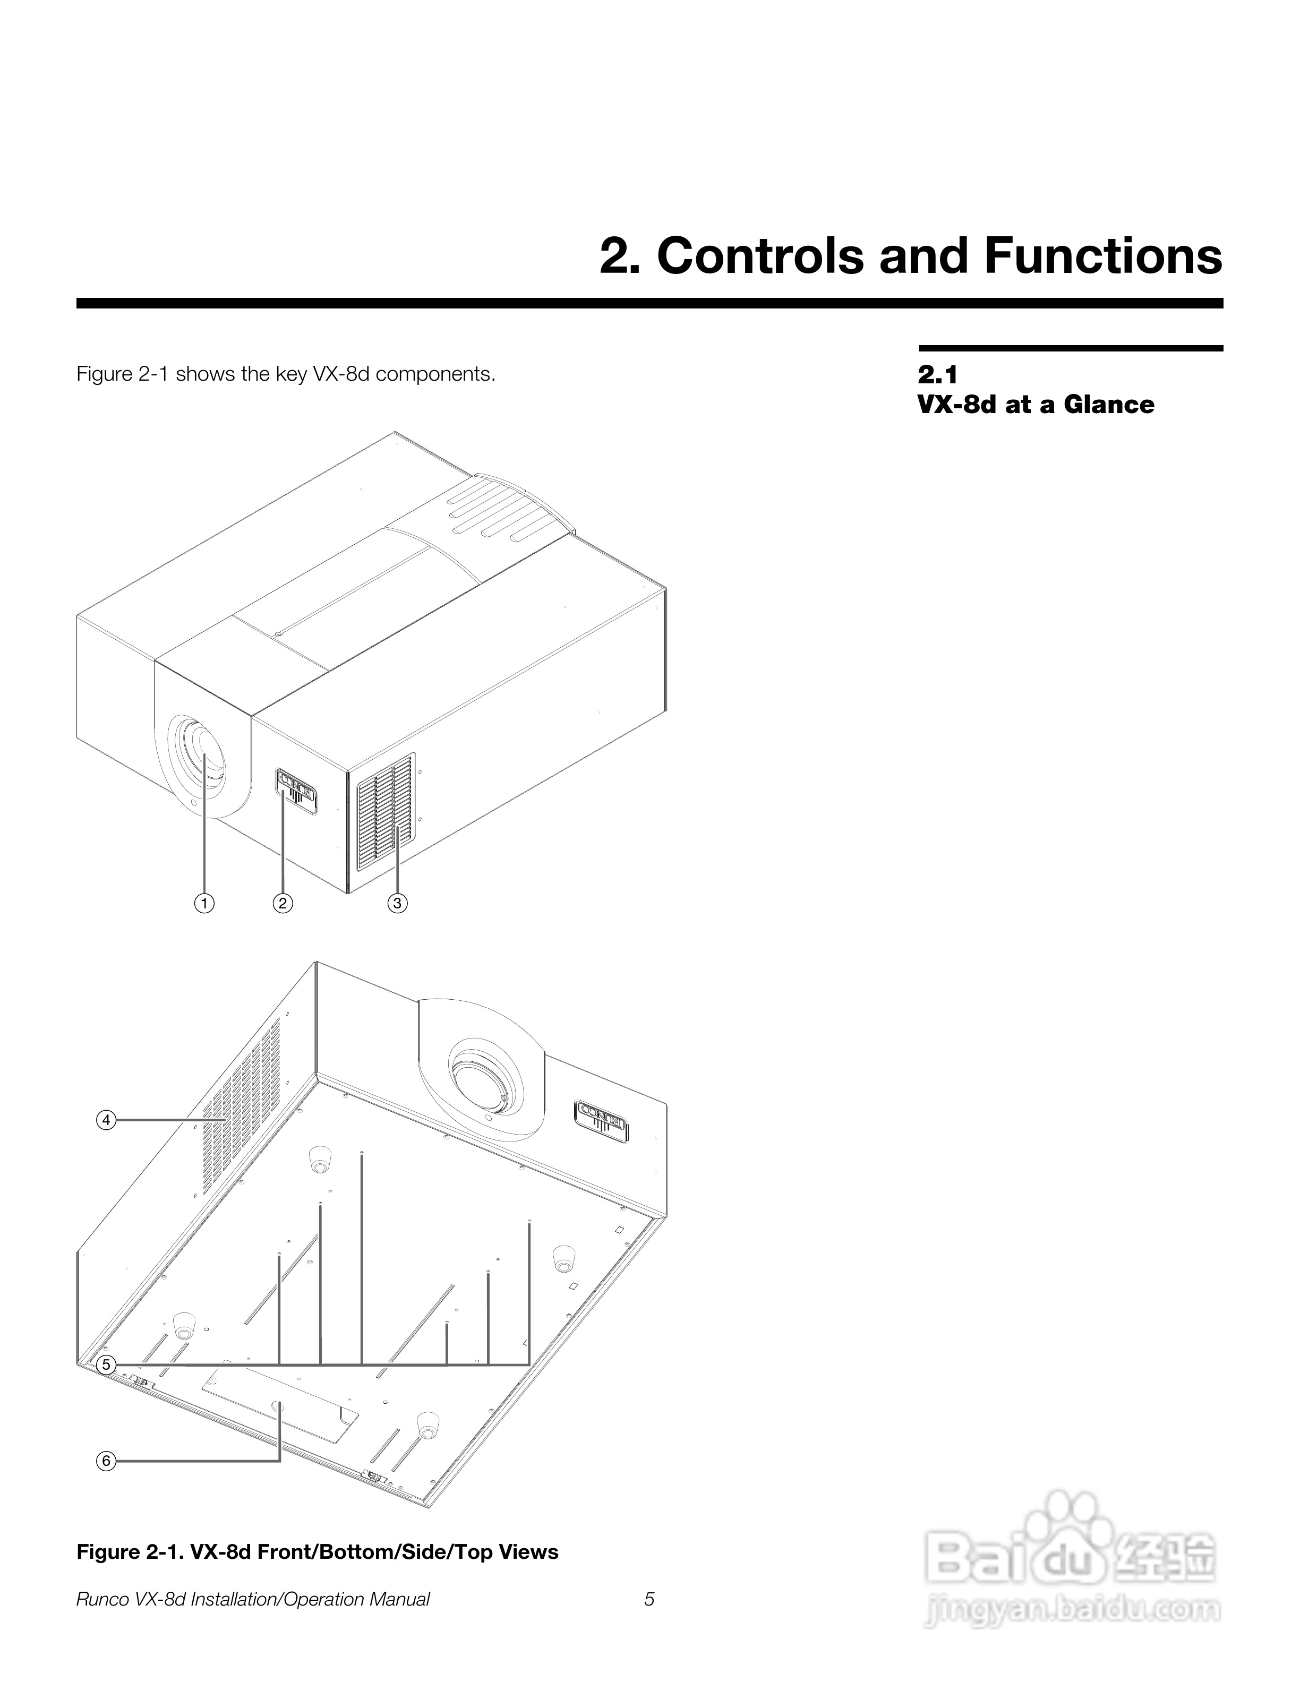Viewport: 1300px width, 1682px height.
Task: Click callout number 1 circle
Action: (x=204, y=903)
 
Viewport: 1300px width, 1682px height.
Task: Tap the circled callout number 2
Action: (x=283, y=903)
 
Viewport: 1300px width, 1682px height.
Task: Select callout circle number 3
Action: (x=397, y=903)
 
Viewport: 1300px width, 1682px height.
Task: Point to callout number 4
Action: (x=106, y=1120)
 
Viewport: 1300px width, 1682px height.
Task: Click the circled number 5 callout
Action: (x=106, y=1365)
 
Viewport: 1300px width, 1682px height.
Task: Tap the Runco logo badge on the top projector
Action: (x=296, y=790)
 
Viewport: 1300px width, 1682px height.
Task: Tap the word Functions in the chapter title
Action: (x=1103, y=256)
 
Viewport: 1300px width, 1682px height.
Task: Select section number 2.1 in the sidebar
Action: (x=937, y=375)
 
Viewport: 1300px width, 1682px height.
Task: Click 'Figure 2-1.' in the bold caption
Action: (x=129, y=1552)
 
